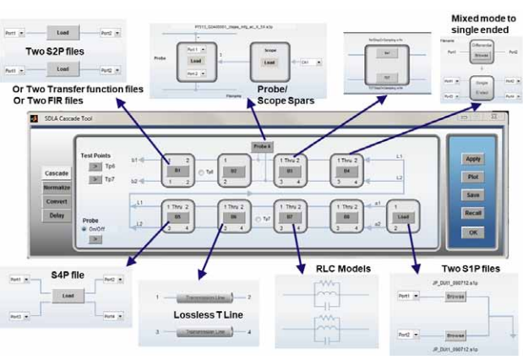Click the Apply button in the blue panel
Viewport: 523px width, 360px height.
pos(472,158)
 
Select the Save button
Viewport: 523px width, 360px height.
pos(472,194)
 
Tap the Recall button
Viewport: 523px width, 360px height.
pos(472,213)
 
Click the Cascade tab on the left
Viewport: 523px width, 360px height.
pos(57,173)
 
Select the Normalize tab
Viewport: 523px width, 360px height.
pos(57,188)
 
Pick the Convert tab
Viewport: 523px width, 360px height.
pos(57,201)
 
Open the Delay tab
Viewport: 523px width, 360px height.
pos(57,215)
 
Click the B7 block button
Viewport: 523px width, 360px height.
pos(291,217)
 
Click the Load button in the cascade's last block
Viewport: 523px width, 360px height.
pos(402,217)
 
